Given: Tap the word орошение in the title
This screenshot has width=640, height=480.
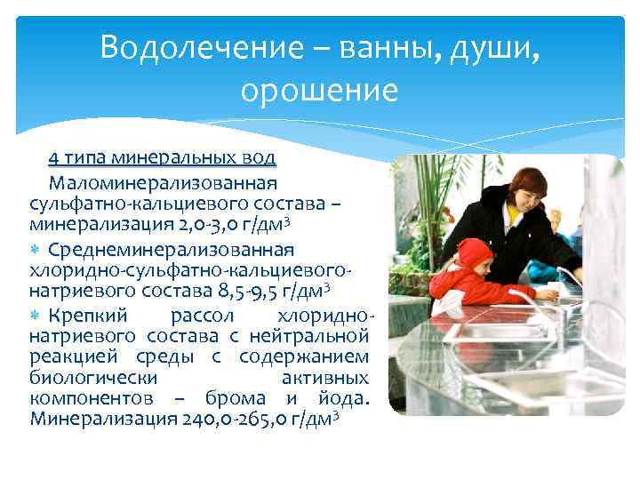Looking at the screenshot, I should (x=319, y=91).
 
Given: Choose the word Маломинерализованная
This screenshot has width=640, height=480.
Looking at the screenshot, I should (x=164, y=183).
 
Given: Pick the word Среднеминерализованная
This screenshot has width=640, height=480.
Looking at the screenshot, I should (x=172, y=250).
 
